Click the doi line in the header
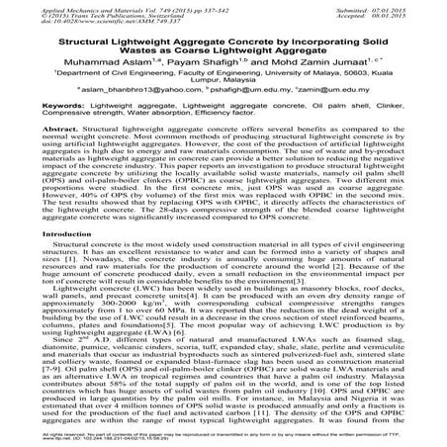coord(74,22)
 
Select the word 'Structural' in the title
coord(68,43)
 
